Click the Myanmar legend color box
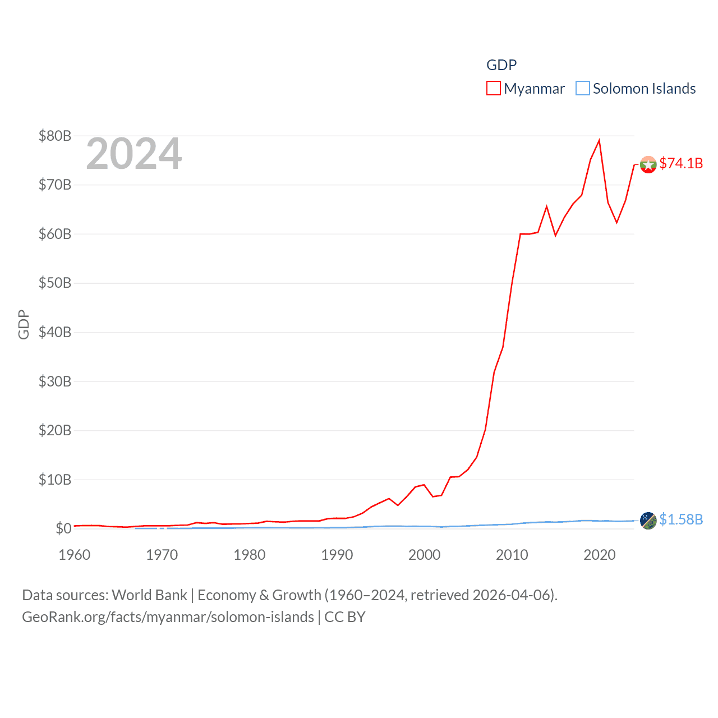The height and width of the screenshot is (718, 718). [493, 89]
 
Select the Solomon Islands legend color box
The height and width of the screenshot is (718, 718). [583, 89]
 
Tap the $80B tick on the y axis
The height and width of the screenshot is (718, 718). [54, 136]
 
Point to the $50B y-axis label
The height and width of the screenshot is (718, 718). [54, 283]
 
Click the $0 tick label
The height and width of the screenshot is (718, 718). [63, 528]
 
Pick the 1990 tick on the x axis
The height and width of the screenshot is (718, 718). [337, 555]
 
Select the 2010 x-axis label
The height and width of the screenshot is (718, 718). [512, 555]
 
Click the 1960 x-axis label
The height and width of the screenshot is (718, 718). [75, 555]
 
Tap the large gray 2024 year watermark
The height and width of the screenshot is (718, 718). [134, 154]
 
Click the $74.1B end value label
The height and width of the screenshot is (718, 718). [681, 163]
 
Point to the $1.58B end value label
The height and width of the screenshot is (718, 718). [681, 519]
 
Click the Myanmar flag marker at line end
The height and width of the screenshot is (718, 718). [648, 165]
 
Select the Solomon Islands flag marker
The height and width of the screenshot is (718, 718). [648, 521]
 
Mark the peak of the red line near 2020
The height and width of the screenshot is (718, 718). [599, 140]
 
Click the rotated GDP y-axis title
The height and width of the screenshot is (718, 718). [24, 324]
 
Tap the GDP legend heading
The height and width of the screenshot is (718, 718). [501, 65]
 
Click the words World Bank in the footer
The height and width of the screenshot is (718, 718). [150, 595]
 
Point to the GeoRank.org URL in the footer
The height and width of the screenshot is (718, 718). [168, 617]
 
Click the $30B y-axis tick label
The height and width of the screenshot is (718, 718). [54, 381]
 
